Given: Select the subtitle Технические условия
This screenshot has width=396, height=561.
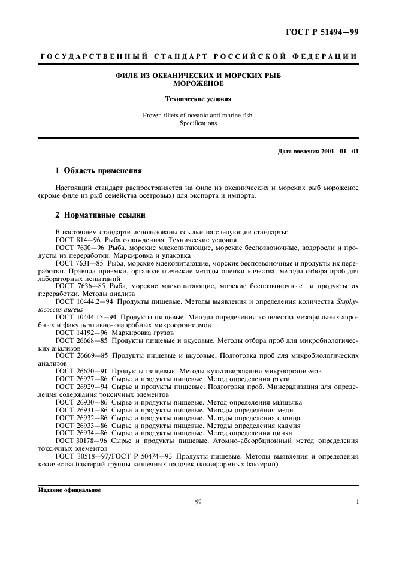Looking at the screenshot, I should [198, 99].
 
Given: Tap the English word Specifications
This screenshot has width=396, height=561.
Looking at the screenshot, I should [198, 123].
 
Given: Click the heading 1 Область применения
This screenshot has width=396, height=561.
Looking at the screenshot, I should [98, 170].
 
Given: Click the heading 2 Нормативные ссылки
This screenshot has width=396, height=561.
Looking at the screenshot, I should [99, 215].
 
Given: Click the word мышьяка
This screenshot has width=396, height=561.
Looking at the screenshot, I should [288, 402].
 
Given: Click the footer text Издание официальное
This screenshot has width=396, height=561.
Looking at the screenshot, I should [69, 490].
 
